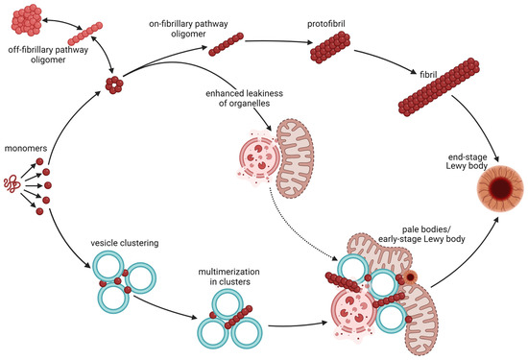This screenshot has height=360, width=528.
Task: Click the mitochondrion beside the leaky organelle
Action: pos(302,152)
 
